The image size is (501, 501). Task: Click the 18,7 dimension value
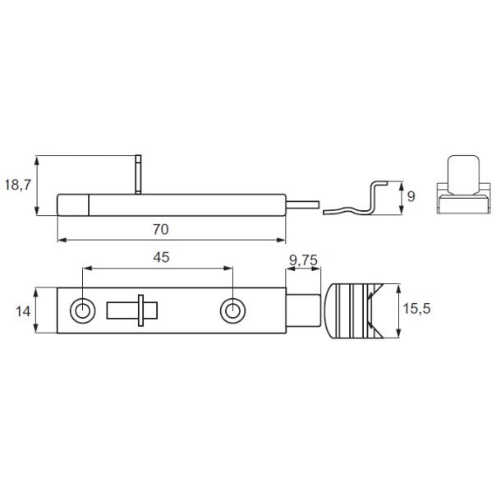click(x=18, y=185)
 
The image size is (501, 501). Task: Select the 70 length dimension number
click(x=160, y=229)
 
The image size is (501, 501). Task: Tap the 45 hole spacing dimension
click(x=161, y=257)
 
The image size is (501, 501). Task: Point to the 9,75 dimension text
click(x=303, y=260)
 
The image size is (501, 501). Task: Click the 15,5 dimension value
click(x=416, y=309)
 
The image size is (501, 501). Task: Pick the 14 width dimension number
click(x=23, y=311)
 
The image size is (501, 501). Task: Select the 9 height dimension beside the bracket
click(x=411, y=196)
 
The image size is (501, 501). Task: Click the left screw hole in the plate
click(x=83, y=310)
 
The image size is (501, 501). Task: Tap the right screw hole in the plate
click(x=233, y=310)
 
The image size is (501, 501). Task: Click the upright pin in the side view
click(x=138, y=174)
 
